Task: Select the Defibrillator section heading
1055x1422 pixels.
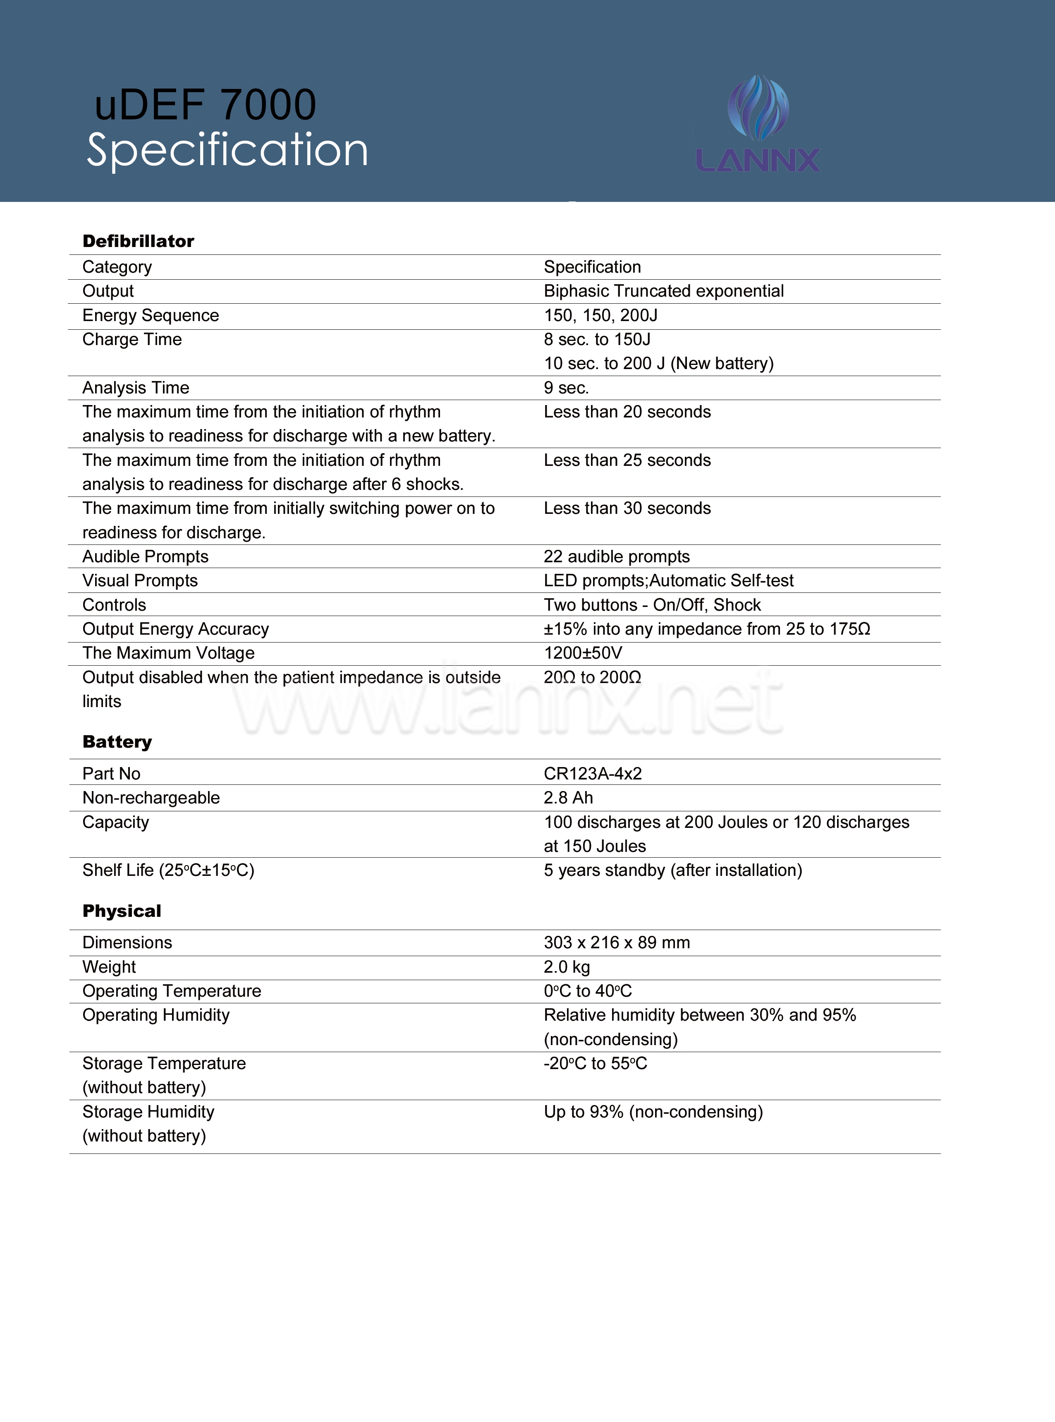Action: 138,241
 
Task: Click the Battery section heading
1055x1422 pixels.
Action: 117,742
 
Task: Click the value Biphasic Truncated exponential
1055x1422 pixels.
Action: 663,291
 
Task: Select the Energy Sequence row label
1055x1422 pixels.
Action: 151,316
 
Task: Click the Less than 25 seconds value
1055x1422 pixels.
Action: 627,460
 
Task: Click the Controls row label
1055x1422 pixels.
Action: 114,605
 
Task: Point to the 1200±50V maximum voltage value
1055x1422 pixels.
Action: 582,653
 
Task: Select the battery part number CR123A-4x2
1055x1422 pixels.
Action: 593,774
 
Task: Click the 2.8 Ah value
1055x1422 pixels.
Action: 568,798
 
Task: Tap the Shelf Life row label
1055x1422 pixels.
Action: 168,870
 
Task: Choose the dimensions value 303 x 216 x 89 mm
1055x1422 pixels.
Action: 617,943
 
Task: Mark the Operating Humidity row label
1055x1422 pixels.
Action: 156,1015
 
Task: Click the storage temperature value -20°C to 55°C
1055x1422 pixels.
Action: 595,1064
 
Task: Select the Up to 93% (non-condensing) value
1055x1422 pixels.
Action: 653,1112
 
